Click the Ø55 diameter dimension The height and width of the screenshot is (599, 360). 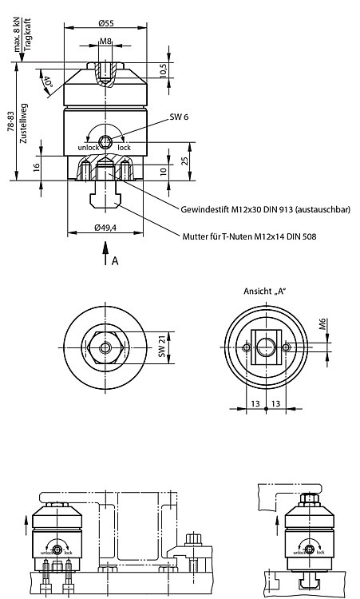pyautogui.click(x=105, y=23)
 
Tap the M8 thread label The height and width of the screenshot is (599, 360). pyautogui.click(x=105, y=41)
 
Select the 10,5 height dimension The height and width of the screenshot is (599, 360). pyautogui.click(x=163, y=70)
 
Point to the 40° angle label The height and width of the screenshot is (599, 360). pyautogui.click(x=46, y=84)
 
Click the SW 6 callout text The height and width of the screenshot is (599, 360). pyautogui.click(x=179, y=117)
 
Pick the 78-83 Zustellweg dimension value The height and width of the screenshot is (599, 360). pyautogui.click(x=10, y=122)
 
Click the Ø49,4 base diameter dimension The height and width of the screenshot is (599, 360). pyautogui.click(x=105, y=228)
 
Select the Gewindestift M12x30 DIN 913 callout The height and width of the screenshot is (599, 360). pyautogui.click(x=265, y=209)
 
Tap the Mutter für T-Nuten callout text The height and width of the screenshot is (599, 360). pyautogui.click(x=249, y=236)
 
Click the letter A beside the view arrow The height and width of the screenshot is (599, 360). pyautogui.click(x=115, y=261)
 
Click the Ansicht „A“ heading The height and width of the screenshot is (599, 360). pyautogui.click(x=265, y=291)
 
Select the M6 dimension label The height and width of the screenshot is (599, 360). pyautogui.click(x=323, y=324)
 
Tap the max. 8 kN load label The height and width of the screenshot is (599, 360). pyautogui.click(x=18, y=35)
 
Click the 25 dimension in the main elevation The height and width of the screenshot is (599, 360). pyautogui.click(x=184, y=161)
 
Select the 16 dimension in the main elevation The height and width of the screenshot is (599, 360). pyautogui.click(x=37, y=168)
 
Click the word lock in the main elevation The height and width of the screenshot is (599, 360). pyautogui.click(x=124, y=148)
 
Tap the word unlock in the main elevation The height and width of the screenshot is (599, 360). pyautogui.click(x=88, y=148)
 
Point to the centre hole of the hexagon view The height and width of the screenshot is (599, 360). pyautogui.click(x=105, y=347)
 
